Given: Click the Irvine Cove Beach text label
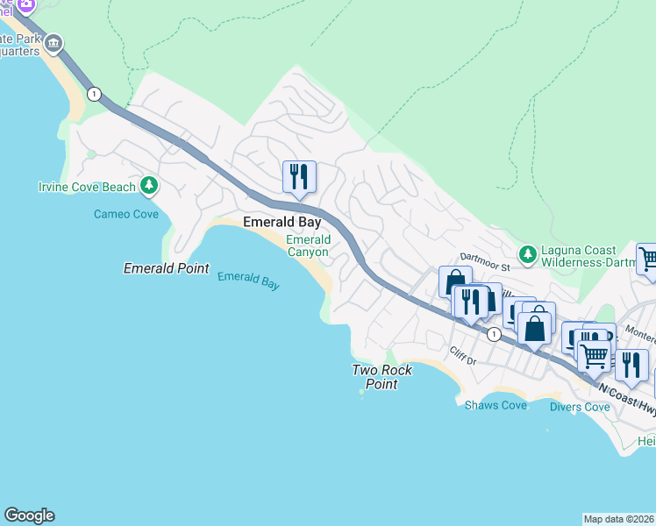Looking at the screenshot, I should pos(87,187).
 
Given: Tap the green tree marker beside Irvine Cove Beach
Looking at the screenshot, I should pos(150,185).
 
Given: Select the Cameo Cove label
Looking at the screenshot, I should pos(126,214).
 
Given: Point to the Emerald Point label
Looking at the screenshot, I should pos(166,268).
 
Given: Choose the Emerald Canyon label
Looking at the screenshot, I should pos(308,245).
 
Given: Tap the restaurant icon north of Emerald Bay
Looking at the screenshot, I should pos(299,176).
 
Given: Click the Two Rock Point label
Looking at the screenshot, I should pos(381,377).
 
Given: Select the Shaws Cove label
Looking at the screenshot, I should pos(496,405).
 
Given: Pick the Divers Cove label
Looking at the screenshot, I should pos(579,407).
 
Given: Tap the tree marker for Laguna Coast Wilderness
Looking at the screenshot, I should pos(527,254).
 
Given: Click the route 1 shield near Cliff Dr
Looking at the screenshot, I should pos(494,334).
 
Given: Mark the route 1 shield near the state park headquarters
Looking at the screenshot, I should pos(94,94).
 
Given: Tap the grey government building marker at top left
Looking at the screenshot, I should pos(53,43).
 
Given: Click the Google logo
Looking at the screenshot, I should pos(29,515).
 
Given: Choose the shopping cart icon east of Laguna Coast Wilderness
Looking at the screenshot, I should pos(648,258).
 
